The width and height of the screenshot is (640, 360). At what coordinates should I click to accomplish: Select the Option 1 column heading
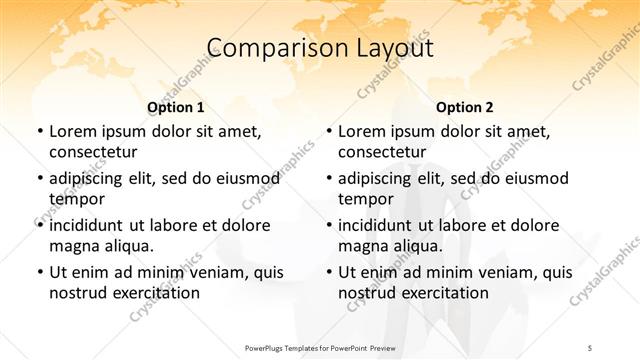click(176, 107)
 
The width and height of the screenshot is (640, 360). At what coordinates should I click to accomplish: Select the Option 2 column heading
click(465, 107)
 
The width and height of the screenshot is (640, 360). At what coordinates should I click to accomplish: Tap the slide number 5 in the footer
click(590, 347)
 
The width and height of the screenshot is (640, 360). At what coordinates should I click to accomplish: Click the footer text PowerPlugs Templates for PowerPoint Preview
click(320, 347)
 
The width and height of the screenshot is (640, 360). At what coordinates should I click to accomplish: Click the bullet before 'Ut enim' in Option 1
click(39, 272)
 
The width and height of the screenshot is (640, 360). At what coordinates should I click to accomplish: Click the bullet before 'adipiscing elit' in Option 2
click(328, 178)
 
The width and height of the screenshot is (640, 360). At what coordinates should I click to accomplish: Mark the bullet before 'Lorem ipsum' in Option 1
click(39, 131)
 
